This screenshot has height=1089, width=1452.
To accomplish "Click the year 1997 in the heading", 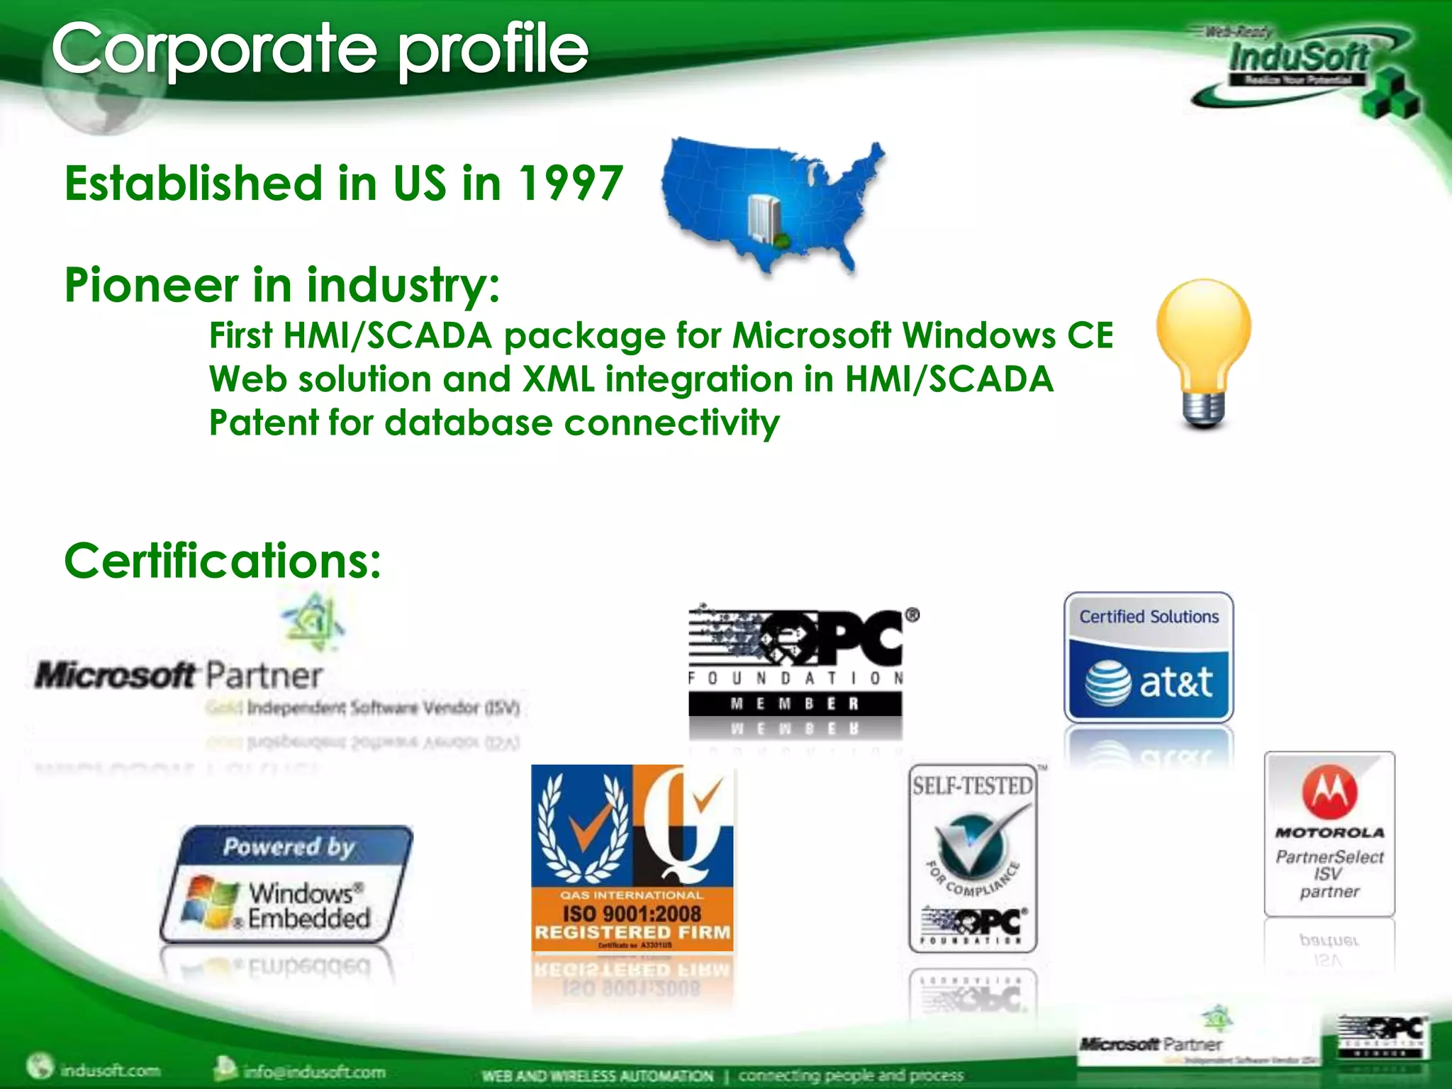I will (570, 183).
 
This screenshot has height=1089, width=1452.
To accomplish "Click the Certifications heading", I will (223, 560).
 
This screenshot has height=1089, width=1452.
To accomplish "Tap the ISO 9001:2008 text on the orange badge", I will (632, 913).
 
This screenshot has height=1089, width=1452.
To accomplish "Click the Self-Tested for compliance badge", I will (973, 858).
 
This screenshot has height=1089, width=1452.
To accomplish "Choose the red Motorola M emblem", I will (1329, 792).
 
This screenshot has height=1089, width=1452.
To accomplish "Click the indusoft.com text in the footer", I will (110, 1070).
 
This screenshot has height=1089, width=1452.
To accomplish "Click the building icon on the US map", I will (764, 216).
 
